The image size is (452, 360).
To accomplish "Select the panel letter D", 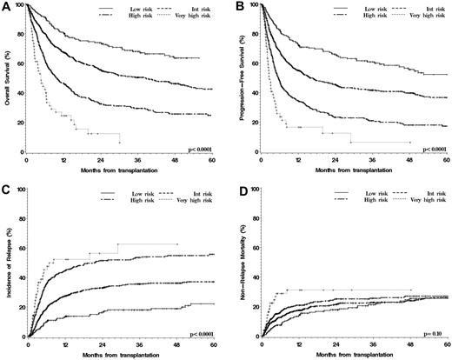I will [236, 189].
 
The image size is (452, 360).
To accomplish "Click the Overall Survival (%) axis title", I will [7, 78].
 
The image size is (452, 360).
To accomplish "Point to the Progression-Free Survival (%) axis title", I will [238, 78].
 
